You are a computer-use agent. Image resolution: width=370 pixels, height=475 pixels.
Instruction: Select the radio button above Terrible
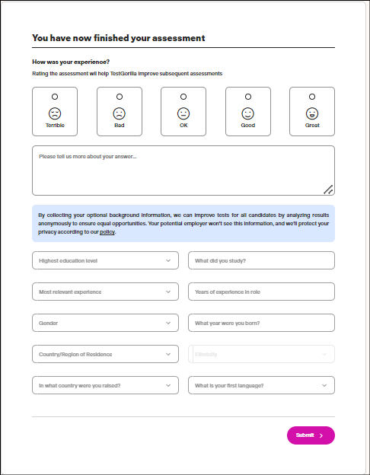point(55,97)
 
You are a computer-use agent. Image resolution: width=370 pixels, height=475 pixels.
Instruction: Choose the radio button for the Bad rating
point(120,97)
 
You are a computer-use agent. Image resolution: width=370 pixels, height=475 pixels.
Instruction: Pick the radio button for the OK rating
point(183,97)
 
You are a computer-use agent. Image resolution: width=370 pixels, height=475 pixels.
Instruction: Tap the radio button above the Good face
point(248,97)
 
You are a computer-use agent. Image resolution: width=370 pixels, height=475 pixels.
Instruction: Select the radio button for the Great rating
point(312,97)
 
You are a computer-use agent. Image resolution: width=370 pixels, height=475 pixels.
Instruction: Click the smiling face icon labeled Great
point(312,113)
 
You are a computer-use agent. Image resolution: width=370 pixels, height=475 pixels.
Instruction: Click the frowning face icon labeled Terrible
point(55,113)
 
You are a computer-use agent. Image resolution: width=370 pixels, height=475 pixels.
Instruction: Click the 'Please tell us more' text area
point(183,171)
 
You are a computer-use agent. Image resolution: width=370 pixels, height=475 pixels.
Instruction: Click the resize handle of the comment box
point(328,190)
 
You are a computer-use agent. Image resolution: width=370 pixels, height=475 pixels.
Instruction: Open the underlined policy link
point(107,232)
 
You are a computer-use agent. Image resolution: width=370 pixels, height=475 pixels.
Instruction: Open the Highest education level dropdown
point(105,260)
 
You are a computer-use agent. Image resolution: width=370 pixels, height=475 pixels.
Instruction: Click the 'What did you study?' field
point(261,260)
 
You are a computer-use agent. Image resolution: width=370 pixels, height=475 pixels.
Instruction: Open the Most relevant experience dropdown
point(105,292)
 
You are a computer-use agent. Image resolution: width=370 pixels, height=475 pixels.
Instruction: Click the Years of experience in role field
point(261,292)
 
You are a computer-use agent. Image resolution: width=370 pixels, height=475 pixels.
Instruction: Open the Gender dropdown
point(105,323)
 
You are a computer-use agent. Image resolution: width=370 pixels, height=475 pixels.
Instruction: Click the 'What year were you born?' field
point(261,323)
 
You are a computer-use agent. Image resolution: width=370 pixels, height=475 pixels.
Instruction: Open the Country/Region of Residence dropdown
point(105,354)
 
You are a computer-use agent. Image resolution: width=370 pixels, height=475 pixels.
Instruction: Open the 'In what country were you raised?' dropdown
point(105,385)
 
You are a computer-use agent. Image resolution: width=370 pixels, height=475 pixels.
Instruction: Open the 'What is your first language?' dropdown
point(261,385)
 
